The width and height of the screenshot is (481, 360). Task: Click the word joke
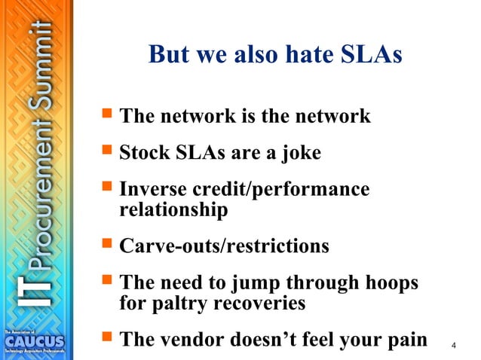click(299, 154)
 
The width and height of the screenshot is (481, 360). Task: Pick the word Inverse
click(152, 190)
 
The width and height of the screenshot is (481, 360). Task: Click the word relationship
click(173, 210)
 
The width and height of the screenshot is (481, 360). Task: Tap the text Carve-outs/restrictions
click(224, 246)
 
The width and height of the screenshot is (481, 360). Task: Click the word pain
click(404, 340)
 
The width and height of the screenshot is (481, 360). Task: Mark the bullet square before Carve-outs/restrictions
click(106, 245)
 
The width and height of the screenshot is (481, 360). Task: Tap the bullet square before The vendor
click(106, 338)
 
